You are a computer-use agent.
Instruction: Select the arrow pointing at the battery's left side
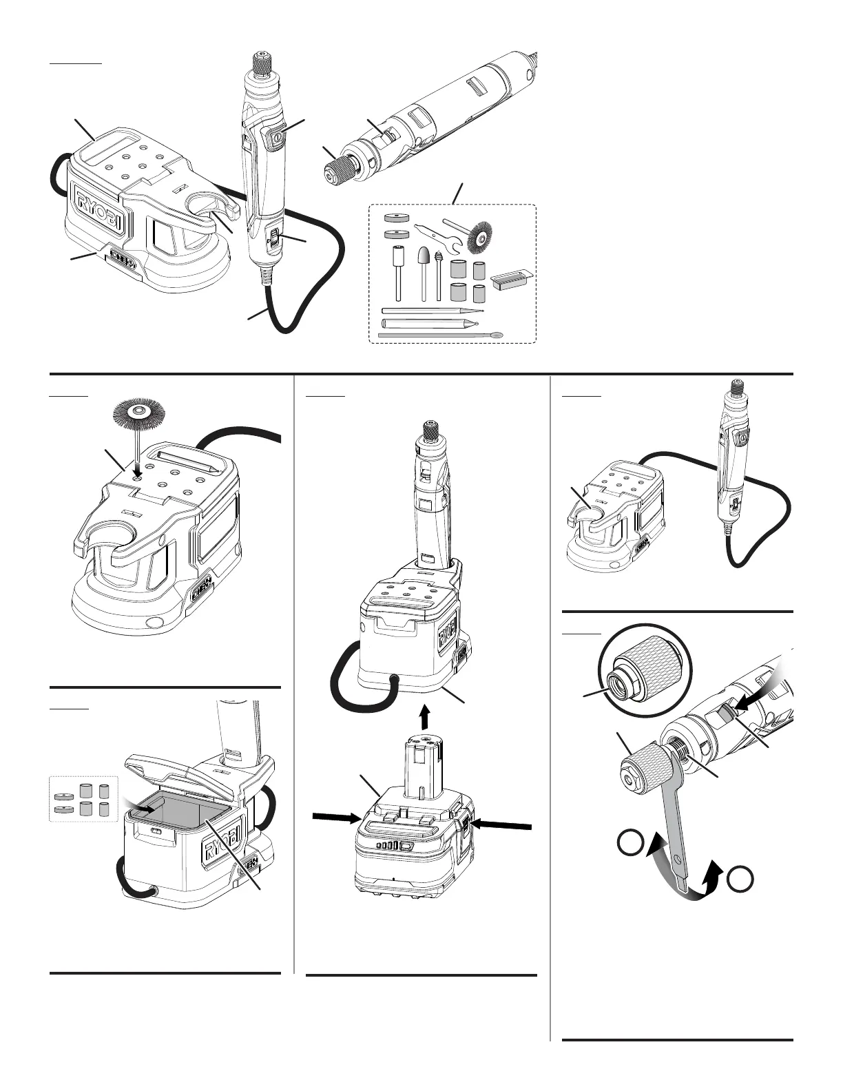tap(337, 818)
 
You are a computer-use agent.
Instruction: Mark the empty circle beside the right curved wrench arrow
tap(740, 880)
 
